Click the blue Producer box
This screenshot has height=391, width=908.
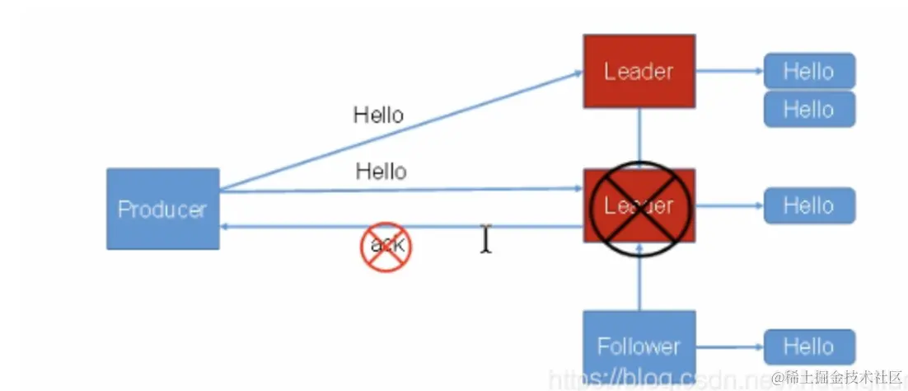point(162,209)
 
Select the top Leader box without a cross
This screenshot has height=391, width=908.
point(639,71)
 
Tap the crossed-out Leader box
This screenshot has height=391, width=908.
point(639,206)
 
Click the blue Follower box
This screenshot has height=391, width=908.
point(639,344)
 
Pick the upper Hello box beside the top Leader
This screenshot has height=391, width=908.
point(808,71)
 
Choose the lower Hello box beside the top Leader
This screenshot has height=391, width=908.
point(808,109)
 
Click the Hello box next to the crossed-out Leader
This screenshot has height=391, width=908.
point(808,205)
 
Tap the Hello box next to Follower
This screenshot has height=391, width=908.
point(808,346)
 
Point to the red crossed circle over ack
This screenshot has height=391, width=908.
point(386,245)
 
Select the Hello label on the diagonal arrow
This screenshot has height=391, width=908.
point(378,115)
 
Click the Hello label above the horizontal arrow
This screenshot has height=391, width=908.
point(381,172)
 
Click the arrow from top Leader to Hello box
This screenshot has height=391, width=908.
point(729,71)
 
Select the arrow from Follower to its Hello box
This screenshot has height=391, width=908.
point(729,346)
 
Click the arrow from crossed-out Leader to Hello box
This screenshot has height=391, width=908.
point(729,205)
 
